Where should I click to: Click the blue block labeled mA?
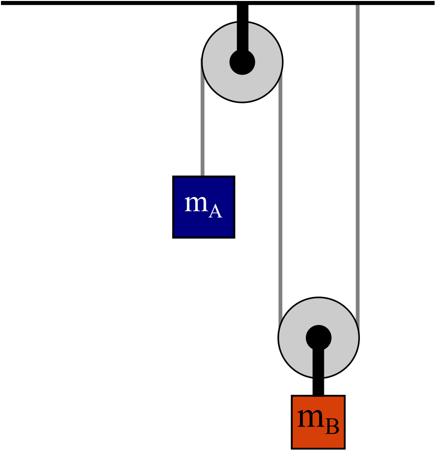tap(204, 207)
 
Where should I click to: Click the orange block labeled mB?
tap(318, 422)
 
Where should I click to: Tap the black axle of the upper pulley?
tap(242, 62)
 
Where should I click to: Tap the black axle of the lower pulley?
tap(318, 338)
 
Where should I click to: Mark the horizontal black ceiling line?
tap(218, 3)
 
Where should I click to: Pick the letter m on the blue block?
tap(196, 203)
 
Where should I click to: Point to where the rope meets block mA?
tap(202, 176)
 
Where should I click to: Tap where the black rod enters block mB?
tap(318, 395)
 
